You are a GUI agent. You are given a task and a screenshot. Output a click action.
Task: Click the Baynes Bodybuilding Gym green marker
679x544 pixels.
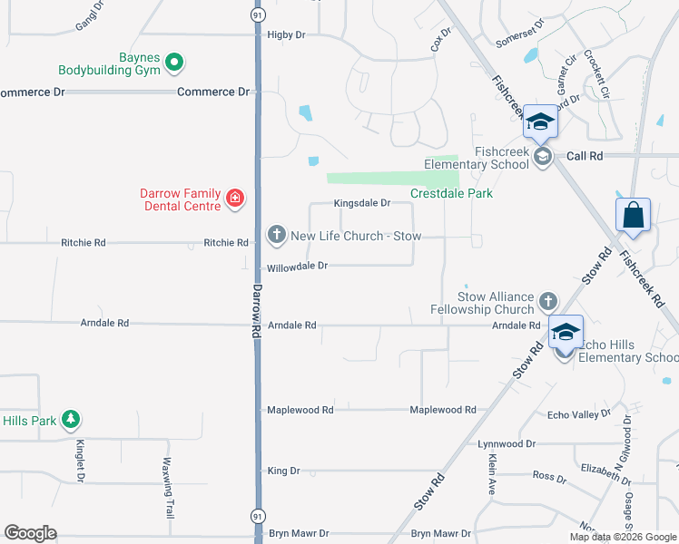click(x=174, y=63)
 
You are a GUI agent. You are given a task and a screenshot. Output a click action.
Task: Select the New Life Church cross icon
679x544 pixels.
click(x=276, y=236)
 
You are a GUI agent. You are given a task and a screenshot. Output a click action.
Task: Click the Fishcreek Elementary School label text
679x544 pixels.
click(x=501, y=158)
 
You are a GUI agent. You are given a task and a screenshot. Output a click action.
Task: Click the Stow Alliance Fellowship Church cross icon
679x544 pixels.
click(x=547, y=300)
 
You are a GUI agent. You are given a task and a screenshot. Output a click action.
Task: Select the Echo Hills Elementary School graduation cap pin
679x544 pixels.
click(x=565, y=333)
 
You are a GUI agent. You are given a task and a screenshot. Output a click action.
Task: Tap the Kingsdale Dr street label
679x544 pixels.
click(x=361, y=203)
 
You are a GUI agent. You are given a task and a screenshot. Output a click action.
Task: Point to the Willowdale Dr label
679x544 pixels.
click(x=296, y=267)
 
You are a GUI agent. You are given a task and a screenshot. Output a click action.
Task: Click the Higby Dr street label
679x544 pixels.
click(x=287, y=34)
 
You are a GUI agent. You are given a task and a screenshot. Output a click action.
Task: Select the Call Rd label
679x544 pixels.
click(x=585, y=156)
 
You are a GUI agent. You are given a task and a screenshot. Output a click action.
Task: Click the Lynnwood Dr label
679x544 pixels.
click(x=507, y=444)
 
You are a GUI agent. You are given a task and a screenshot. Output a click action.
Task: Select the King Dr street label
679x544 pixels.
click(x=283, y=471)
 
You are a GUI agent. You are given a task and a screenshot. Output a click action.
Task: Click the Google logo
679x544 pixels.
click(x=30, y=533)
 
